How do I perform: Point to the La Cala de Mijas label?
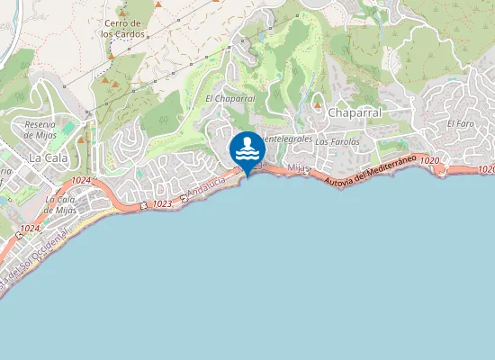pos(60,203)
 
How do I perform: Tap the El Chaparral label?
pos(230,98)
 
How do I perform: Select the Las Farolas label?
pos(337,141)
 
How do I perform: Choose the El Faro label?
pos(460,123)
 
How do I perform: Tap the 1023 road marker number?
pos(162,204)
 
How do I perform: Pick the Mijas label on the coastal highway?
pos(299,168)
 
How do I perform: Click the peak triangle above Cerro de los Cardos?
pos(158,5)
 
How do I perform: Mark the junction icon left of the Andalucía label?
pos(184,198)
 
